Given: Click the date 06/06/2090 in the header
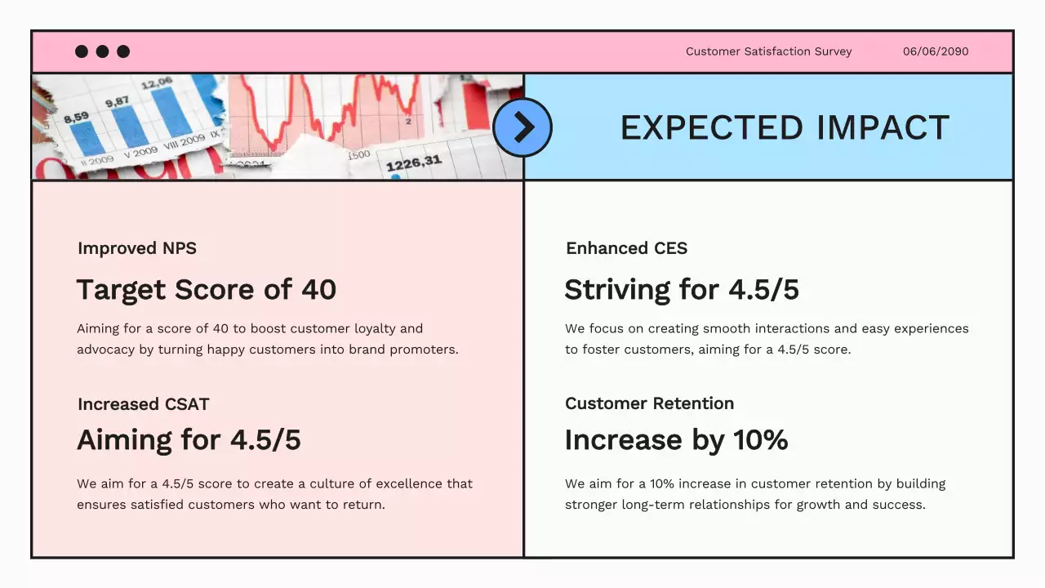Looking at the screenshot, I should pyautogui.click(x=936, y=51).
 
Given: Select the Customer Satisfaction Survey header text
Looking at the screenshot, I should pyautogui.click(x=768, y=51).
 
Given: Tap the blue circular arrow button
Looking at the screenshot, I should pyautogui.click(x=522, y=127).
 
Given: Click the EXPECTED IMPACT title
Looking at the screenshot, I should pyautogui.click(x=785, y=128).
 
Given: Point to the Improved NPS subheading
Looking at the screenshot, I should pyautogui.click(x=137, y=248).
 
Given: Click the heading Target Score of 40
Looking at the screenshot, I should pyautogui.click(x=207, y=290).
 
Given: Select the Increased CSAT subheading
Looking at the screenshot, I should pyautogui.click(x=144, y=404).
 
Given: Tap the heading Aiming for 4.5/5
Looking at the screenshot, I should pyautogui.click(x=189, y=440).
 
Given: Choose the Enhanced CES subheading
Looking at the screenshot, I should pyautogui.click(x=626, y=248).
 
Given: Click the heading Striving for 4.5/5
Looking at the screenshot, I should pyautogui.click(x=682, y=290).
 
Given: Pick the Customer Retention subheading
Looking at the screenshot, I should pyautogui.click(x=649, y=403).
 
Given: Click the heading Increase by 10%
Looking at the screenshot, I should pyautogui.click(x=676, y=440).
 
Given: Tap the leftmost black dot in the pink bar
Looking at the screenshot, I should pyautogui.click(x=82, y=51).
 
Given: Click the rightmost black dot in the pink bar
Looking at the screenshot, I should pyautogui.click(x=123, y=51).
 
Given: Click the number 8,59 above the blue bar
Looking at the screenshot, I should pyautogui.click(x=76, y=118).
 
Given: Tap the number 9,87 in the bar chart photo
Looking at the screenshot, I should pyautogui.click(x=117, y=101).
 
